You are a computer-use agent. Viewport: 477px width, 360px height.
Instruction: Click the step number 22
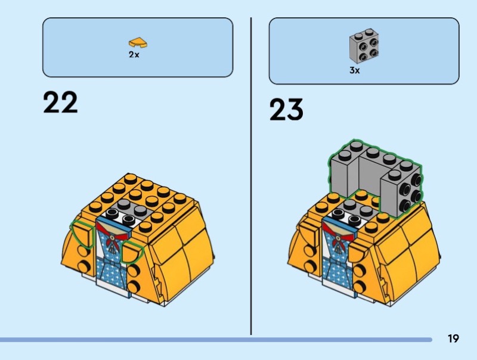coord(60,103)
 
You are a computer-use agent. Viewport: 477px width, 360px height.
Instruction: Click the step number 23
coord(286,110)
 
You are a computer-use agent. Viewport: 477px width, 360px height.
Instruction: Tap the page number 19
coord(453,339)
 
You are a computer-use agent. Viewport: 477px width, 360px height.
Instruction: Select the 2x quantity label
coord(134,54)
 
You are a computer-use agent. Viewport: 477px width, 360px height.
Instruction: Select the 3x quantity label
coord(355,70)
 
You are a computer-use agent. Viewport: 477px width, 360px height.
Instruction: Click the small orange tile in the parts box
coord(138,42)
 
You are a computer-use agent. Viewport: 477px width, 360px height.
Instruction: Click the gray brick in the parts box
coord(363,46)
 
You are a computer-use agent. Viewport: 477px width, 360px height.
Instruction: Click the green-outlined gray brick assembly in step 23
coord(376,176)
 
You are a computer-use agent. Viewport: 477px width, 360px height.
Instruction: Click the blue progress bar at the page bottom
coord(215,340)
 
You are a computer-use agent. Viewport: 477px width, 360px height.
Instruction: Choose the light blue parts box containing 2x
coord(137,47)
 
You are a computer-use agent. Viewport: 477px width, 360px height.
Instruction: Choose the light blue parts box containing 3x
coord(364,51)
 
